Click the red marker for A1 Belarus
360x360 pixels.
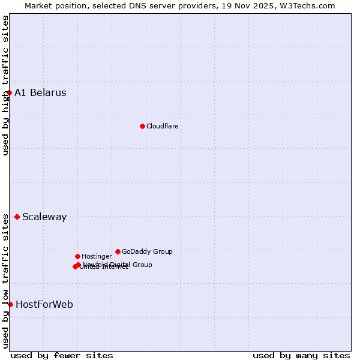[9, 92]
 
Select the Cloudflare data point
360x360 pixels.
[142, 126]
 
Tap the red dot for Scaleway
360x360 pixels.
[17, 217]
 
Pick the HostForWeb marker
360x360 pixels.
[10, 304]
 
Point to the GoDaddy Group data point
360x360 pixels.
[118, 251]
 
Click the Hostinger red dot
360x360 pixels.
[77, 256]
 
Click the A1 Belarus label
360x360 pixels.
[40, 92]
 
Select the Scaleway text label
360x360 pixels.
[44, 217]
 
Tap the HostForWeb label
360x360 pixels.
[44, 304]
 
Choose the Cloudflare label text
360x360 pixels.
[163, 126]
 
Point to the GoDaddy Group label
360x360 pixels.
[147, 251]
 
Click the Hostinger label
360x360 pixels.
[97, 256]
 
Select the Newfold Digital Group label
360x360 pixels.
[118, 264]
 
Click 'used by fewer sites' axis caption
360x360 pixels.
[62, 355]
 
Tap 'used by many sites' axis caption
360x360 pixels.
[301, 355]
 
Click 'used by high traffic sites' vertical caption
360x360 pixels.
[5, 85]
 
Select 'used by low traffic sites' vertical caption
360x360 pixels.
[5, 281]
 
